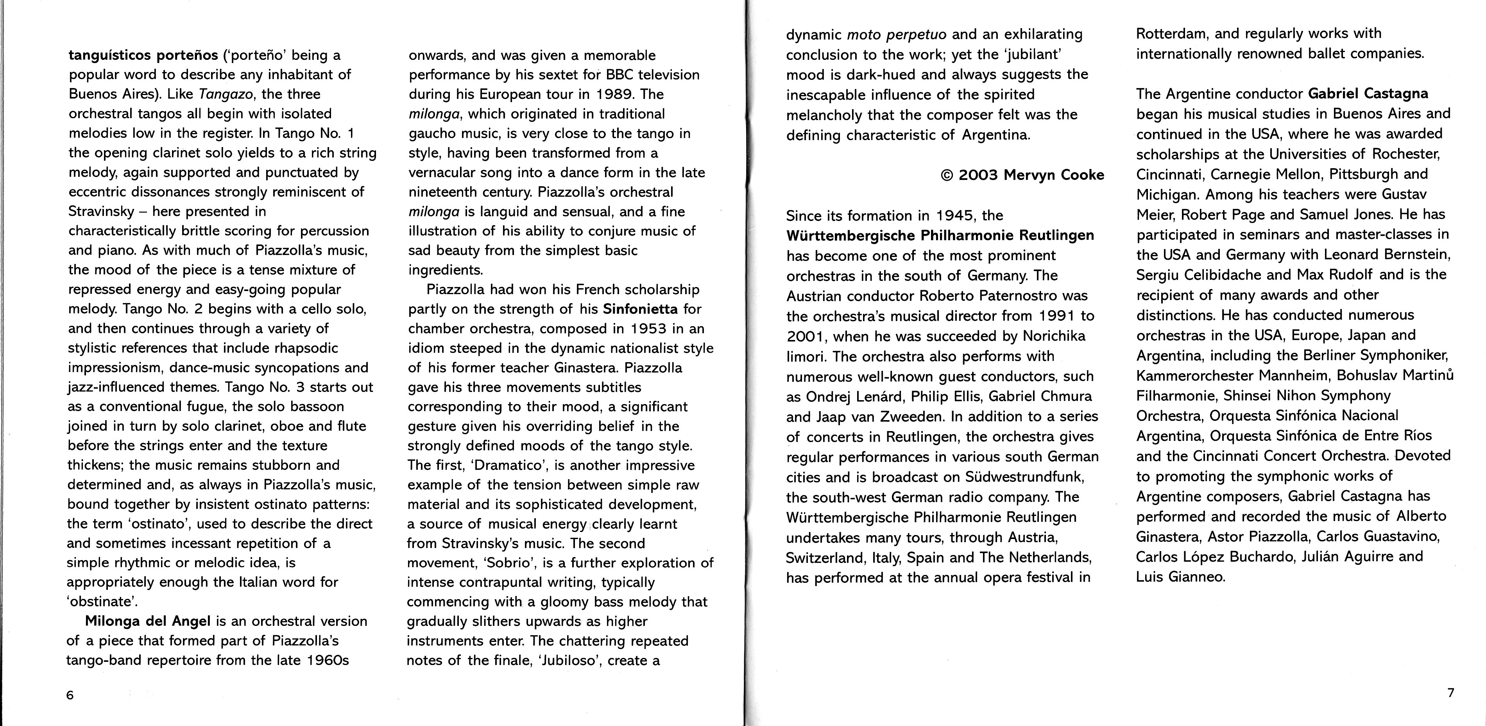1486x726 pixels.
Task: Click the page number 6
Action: [70, 695]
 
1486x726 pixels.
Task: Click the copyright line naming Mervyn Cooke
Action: [1022, 175]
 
